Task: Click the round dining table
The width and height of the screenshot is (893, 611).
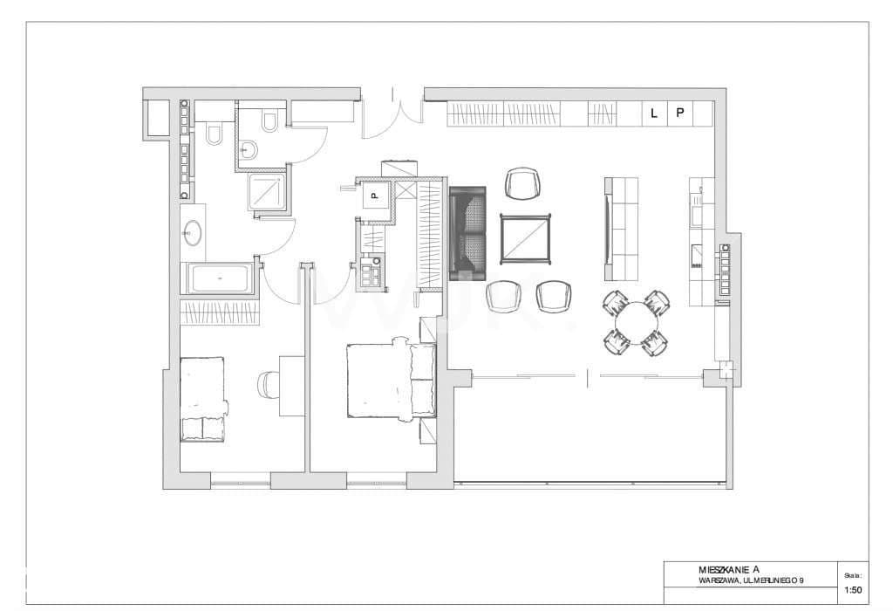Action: (x=636, y=322)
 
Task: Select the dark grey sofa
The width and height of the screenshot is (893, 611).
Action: (x=468, y=234)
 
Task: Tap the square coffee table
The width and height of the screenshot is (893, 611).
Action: (x=526, y=239)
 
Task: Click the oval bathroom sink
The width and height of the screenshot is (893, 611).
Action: (x=192, y=233)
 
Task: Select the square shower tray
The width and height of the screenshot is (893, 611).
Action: (x=265, y=191)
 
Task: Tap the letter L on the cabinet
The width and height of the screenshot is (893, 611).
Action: (x=654, y=113)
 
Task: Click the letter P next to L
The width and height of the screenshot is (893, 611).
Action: (x=679, y=113)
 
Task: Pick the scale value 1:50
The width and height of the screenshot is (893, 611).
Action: (x=853, y=590)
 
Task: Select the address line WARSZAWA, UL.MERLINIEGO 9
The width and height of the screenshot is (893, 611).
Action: (x=751, y=580)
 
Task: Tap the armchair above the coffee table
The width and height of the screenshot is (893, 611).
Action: (x=522, y=183)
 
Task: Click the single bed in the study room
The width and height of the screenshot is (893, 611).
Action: (x=203, y=400)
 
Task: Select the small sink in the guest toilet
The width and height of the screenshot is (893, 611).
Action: (x=249, y=149)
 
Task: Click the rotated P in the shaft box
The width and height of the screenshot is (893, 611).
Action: (x=374, y=196)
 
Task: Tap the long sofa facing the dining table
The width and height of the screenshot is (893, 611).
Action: (x=621, y=229)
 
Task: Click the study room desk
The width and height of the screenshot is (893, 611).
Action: (x=292, y=386)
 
